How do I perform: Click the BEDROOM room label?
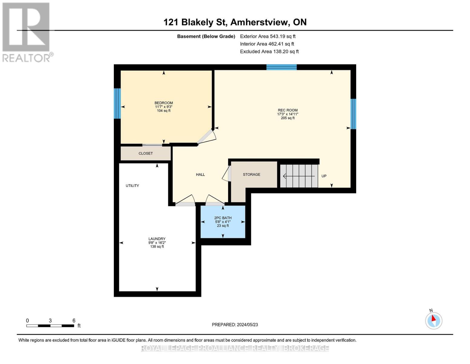click(x=163, y=103)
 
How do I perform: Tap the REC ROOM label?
click(x=288, y=110)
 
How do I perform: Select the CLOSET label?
click(x=146, y=153)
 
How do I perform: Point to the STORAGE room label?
click(x=251, y=174)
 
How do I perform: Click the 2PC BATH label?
click(x=223, y=218)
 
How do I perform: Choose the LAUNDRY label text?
click(x=157, y=239)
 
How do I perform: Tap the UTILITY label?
click(x=132, y=186)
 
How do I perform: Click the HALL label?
click(x=200, y=175)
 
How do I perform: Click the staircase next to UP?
click(x=299, y=176)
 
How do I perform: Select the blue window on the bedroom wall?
click(x=117, y=103)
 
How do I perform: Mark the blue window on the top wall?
click(x=281, y=67)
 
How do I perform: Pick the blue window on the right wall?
click(x=353, y=114)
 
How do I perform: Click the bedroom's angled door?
click(x=206, y=136)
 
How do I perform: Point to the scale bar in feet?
click(x=50, y=325)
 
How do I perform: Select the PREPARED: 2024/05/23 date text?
click(x=235, y=325)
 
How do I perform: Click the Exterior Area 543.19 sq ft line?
click(x=268, y=36)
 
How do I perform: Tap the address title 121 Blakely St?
click(x=235, y=22)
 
